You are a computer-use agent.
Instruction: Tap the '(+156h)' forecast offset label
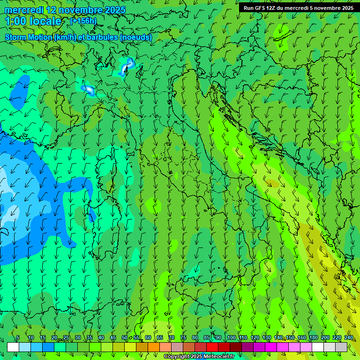83,21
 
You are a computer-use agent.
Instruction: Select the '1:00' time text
16,21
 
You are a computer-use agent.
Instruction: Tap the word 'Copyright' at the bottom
177,357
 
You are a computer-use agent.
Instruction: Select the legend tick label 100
231,337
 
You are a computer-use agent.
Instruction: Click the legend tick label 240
349,337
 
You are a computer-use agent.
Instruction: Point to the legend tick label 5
18,337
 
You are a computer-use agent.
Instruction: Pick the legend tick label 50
125,337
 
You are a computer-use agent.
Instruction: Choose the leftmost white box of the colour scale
13,347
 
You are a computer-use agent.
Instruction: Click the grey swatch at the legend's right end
341,347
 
